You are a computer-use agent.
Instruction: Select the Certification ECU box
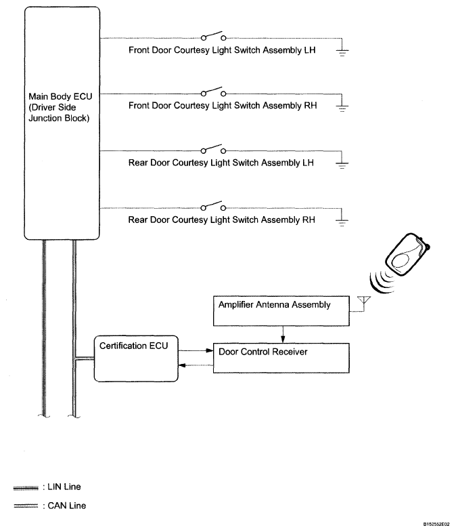tap(135, 357)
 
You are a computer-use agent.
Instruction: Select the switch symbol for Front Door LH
tap(214, 36)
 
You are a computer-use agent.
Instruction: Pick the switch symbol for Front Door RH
tap(214, 91)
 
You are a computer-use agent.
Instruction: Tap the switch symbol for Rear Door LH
tap(214, 147)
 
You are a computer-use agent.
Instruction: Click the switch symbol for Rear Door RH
tap(214, 205)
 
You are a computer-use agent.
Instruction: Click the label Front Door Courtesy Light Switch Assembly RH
tap(223, 106)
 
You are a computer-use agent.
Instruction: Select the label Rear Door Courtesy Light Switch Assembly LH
tap(222, 163)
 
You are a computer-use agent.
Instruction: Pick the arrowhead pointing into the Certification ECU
tap(181, 366)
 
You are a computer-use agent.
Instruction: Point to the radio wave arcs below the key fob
tap(382, 281)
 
